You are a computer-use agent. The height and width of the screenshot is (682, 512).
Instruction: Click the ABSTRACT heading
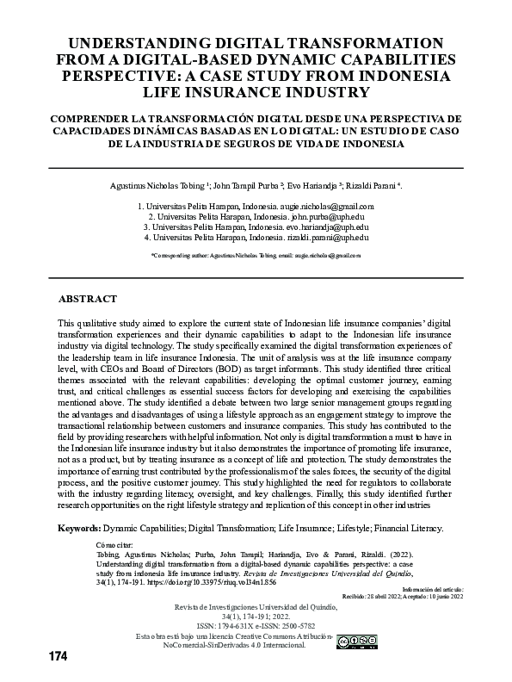(x=87, y=299)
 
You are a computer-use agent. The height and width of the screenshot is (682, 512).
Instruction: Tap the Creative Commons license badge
(x=357, y=641)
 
